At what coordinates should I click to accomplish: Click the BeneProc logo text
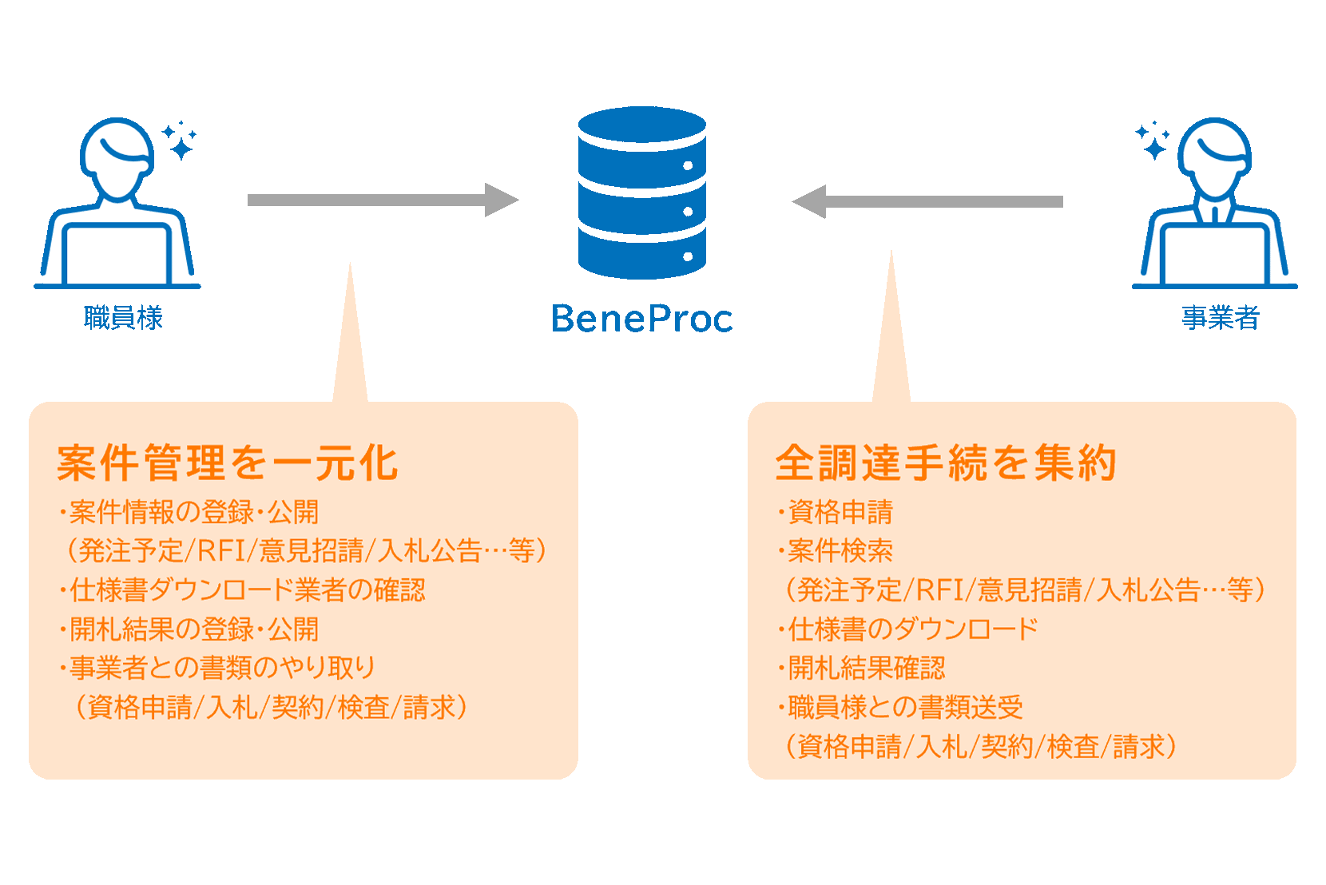coord(641,318)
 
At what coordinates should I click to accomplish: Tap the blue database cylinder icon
coord(641,192)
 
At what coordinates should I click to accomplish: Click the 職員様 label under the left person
coord(123,318)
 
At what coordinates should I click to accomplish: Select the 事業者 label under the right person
coord(1220,318)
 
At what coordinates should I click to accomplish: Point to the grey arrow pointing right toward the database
coord(382,200)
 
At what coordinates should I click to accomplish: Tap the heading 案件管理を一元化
coord(228,463)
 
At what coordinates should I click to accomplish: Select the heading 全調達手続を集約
coord(946,463)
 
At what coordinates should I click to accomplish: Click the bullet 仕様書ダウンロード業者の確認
coord(246,590)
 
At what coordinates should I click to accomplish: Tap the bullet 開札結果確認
coord(865,668)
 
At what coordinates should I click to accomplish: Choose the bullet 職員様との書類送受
coord(904,707)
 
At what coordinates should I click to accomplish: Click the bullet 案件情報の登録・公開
coord(193,512)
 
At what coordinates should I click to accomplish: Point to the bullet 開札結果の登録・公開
coord(193,629)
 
